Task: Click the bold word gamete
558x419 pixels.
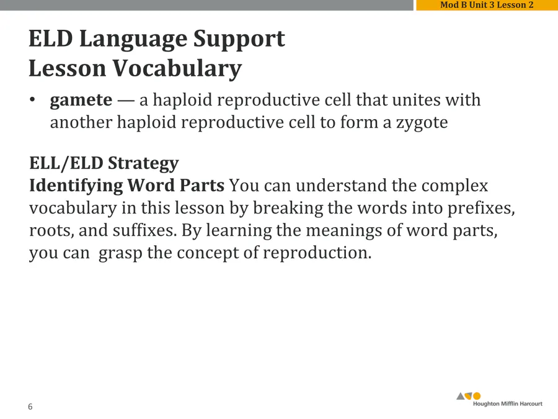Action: [x=81, y=101]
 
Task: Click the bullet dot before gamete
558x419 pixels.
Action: [x=32, y=99]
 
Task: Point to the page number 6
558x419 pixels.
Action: [x=30, y=407]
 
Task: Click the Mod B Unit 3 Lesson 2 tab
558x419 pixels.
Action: [x=487, y=5]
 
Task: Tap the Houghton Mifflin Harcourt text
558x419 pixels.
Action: [x=507, y=403]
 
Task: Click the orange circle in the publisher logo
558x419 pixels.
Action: [x=477, y=396]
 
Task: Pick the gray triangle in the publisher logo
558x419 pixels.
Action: [x=461, y=396]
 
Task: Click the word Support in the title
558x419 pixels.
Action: [x=239, y=40]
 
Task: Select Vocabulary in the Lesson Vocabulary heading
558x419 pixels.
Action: [x=177, y=69]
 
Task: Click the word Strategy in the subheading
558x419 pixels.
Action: [x=143, y=164]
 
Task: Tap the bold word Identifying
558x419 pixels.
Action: [x=76, y=186]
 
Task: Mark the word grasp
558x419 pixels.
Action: [x=120, y=254]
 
